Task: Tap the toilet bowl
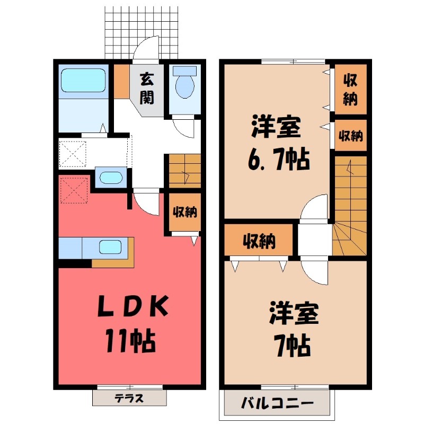click(x=184, y=85)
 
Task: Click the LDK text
click(x=132, y=307)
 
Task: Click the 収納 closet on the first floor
click(x=184, y=213)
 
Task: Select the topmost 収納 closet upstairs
click(x=350, y=90)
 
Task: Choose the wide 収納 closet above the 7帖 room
click(x=259, y=241)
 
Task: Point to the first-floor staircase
click(x=184, y=171)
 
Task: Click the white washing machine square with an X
click(x=73, y=153)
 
